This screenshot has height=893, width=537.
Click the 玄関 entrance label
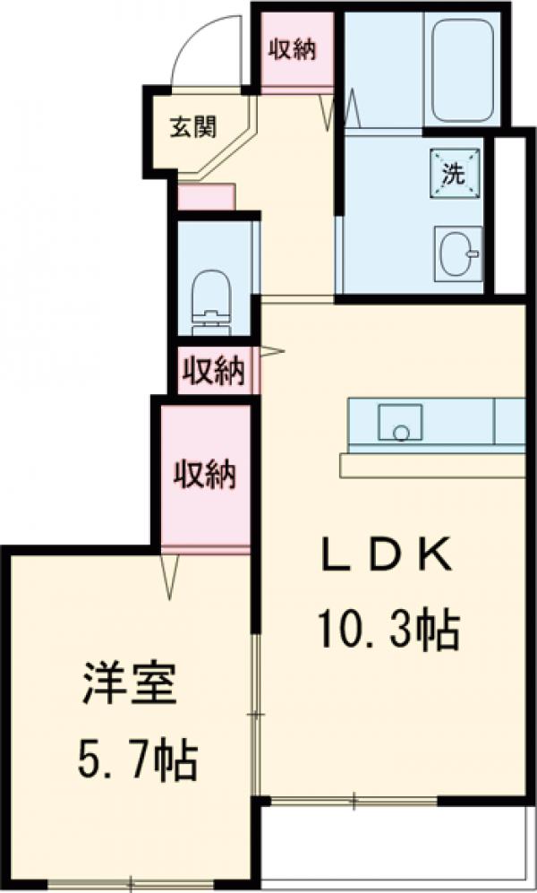point(193,127)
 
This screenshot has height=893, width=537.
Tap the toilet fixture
point(213,295)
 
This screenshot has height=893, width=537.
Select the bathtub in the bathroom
point(462,71)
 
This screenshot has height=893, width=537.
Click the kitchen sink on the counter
point(399,422)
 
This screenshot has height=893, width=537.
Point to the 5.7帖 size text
point(131,761)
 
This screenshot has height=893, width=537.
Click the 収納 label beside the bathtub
point(293,50)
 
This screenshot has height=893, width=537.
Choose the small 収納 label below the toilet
point(215,370)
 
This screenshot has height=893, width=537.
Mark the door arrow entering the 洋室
point(169,575)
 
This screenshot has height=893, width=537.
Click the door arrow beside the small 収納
point(272,351)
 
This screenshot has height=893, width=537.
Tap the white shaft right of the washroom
point(510,215)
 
